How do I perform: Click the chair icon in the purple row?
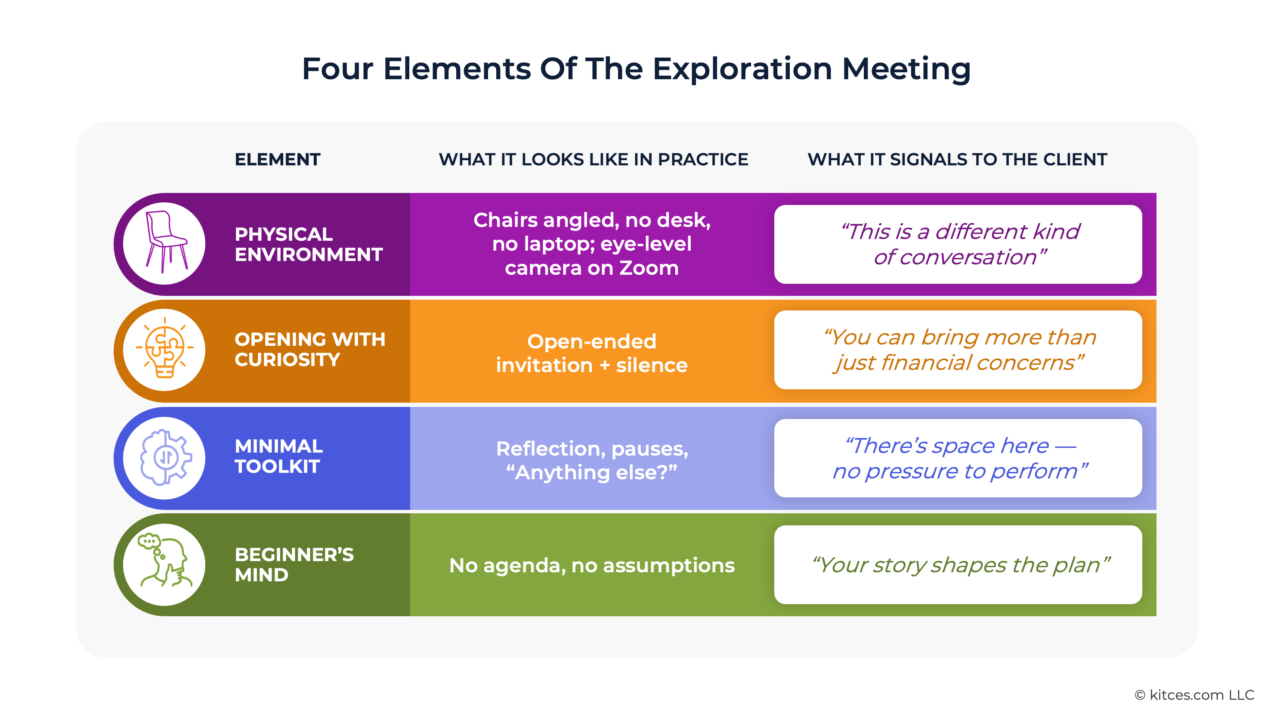[x=165, y=243]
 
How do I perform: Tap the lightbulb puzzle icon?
[x=165, y=349]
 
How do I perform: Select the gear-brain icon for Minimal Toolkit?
[x=165, y=457]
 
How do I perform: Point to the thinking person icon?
[x=165, y=564]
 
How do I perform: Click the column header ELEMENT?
[x=278, y=159]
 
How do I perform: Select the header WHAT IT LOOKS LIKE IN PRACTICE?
[x=593, y=159]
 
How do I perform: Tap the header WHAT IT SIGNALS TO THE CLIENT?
[x=957, y=159]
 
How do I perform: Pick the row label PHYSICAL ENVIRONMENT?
[x=308, y=244]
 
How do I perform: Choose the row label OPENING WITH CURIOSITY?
[x=309, y=349]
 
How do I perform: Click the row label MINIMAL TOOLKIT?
[x=278, y=456]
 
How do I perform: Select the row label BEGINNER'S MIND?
[x=294, y=565]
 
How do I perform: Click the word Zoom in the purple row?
[x=649, y=268]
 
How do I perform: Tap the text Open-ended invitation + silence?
[x=591, y=353]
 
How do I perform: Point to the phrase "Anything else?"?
[x=591, y=472]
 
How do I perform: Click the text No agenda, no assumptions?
[x=591, y=565]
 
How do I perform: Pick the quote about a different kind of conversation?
[x=959, y=245]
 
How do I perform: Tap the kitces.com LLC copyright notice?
[x=1194, y=695]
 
